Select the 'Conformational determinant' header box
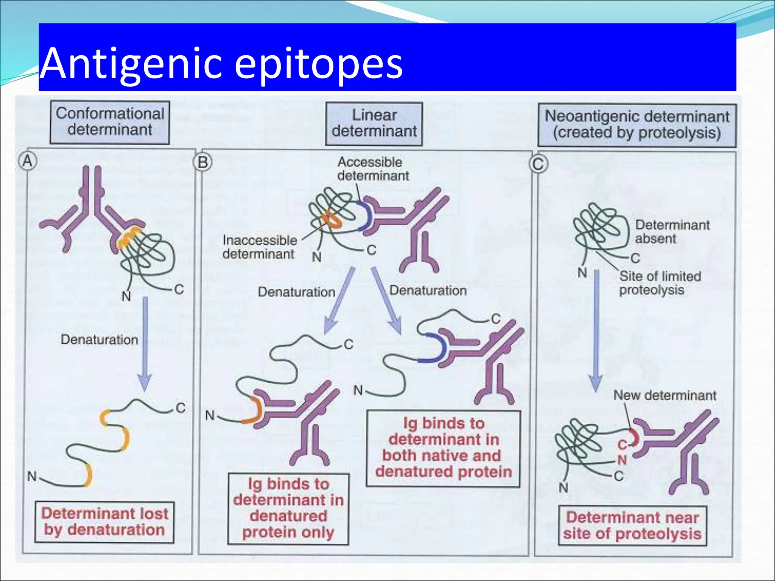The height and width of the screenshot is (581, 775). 110,122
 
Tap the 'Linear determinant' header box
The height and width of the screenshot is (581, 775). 374,123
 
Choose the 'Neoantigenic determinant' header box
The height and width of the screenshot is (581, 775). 637,125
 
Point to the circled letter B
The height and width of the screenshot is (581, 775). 203,163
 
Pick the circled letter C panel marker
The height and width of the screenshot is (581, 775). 538,164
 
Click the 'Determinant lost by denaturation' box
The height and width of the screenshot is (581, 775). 104,522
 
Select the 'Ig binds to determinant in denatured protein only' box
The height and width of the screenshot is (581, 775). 288,509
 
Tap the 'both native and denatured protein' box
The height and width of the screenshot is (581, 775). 443,448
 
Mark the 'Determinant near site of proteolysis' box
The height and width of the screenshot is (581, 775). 632,526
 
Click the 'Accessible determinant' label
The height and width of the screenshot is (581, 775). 373,169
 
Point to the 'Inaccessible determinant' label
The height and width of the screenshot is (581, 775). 260,247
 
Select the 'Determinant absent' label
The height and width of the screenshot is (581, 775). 672,231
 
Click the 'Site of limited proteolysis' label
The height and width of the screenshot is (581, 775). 660,283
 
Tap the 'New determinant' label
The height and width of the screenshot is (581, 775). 665,395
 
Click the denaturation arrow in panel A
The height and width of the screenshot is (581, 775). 145,344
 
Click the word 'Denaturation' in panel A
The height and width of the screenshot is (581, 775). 99,340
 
